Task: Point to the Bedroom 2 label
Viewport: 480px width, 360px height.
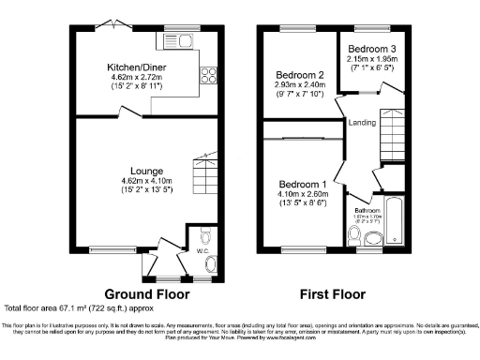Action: [x=300, y=75]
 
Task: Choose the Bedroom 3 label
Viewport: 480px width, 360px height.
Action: [x=372, y=48]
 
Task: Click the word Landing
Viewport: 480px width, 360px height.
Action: [x=362, y=123]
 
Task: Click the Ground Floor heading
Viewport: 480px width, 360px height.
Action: [x=144, y=292]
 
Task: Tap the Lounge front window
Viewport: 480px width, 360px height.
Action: [x=104, y=250]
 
